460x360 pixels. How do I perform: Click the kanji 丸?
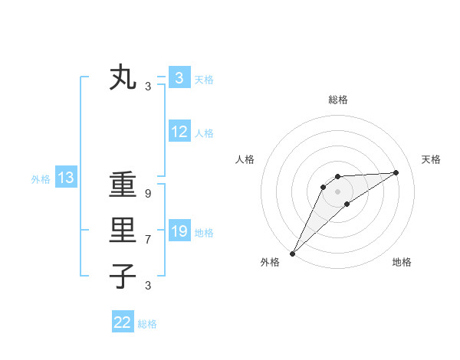click(123, 78)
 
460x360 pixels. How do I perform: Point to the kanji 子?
click(123, 276)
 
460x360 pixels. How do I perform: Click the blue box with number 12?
click(179, 132)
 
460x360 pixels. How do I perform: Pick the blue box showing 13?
click(65, 178)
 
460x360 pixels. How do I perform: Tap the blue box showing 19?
click(179, 231)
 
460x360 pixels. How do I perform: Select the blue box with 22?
click(123, 322)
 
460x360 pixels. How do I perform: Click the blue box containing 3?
click(179, 78)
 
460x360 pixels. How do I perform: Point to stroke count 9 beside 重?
click(147, 195)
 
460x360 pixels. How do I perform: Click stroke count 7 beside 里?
click(147, 240)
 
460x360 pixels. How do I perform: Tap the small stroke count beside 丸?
click(147, 87)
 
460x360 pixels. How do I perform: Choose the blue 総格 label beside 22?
click(147, 324)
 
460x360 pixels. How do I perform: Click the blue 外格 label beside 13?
click(41, 179)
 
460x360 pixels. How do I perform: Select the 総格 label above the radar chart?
click(337, 100)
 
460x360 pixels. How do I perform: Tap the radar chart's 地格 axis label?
click(402, 263)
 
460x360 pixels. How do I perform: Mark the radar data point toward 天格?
click(396, 172)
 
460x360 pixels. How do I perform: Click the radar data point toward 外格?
click(292, 254)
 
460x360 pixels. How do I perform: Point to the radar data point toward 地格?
click(347, 204)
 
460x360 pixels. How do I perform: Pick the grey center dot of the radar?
click(337, 191)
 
